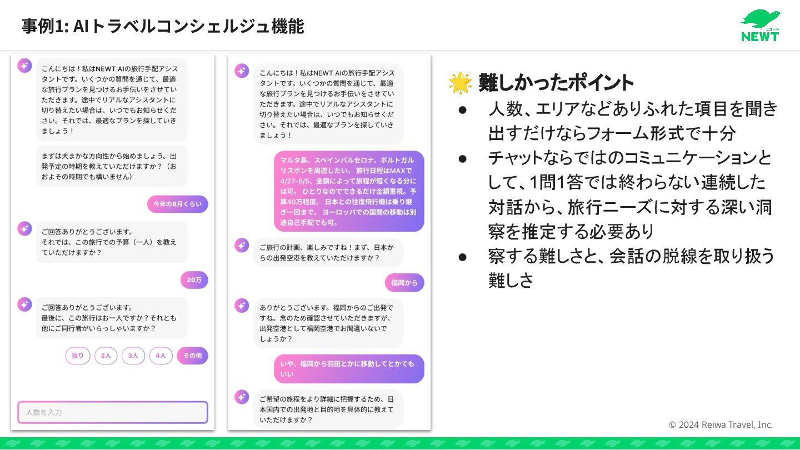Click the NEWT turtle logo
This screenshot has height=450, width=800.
[x=760, y=26]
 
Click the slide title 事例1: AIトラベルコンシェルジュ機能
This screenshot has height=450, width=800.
[x=163, y=26]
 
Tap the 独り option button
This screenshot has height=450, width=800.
[x=78, y=356]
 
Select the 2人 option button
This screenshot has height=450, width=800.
[x=106, y=356]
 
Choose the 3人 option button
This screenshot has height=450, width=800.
[x=133, y=356]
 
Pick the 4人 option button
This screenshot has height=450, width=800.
[x=161, y=356]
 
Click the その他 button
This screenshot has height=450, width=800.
[x=192, y=356]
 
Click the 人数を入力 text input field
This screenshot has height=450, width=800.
[x=113, y=412]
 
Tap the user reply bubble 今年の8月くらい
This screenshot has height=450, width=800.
[x=178, y=204]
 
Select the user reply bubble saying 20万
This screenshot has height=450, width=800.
[x=194, y=280]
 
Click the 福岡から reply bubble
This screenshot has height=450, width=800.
[x=404, y=282]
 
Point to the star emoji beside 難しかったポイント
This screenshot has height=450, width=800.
[x=460, y=83]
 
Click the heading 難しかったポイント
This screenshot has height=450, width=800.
[x=556, y=83]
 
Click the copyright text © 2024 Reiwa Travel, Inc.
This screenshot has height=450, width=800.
[x=721, y=424]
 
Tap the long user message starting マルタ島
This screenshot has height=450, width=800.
[x=349, y=191]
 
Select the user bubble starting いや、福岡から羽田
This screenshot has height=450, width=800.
[x=349, y=369]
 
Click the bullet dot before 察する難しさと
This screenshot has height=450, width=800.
[x=463, y=257]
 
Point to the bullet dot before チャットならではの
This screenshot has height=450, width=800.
[x=463, y=158]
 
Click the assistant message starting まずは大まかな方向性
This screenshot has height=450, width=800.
[x=112, y=166]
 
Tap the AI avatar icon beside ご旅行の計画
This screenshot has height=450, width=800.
[x=242, y=245]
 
